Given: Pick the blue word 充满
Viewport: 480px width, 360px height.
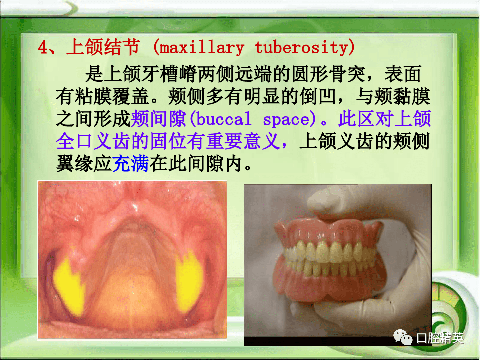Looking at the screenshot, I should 131,164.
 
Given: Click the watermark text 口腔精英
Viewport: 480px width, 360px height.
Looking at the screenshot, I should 439,338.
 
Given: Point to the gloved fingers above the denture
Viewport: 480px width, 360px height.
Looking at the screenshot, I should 350,205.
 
